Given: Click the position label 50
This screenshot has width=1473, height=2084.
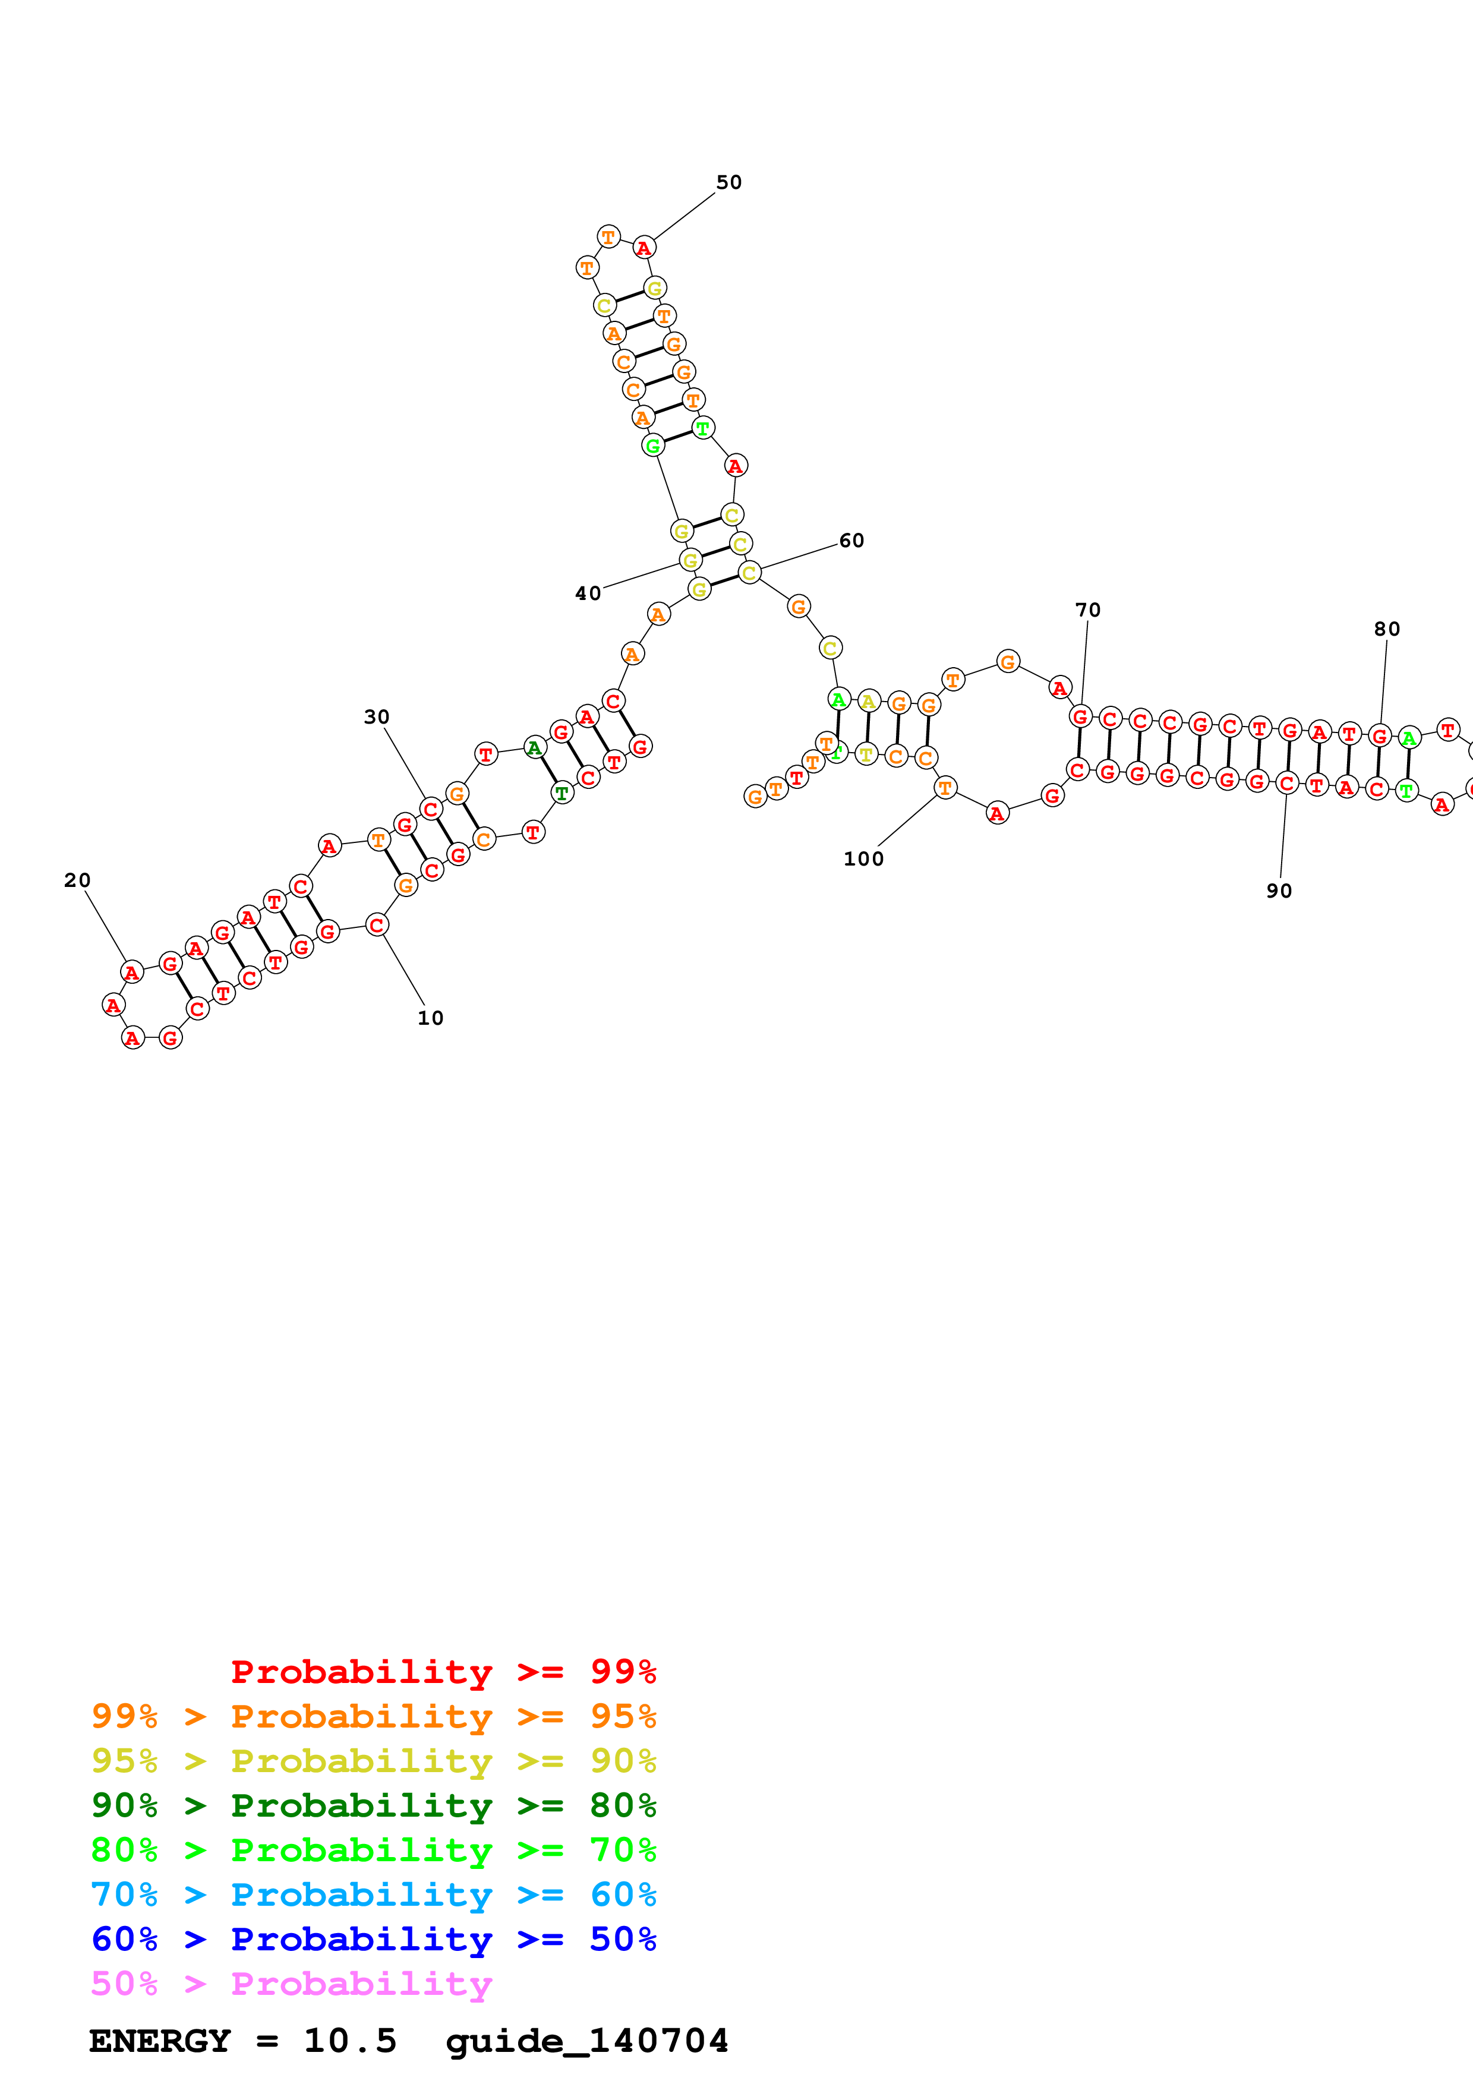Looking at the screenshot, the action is coord(729,182).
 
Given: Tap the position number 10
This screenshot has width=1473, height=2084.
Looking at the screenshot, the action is coord(430,1018).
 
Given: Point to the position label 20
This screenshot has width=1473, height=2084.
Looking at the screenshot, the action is coord(77,880).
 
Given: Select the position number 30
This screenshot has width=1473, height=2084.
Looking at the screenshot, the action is coord(377,717).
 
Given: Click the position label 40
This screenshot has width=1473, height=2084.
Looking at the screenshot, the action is coord(588,593).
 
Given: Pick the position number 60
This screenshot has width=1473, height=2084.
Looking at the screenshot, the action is coord(851,541).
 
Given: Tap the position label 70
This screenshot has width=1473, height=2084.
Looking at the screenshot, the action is coord(1087,610).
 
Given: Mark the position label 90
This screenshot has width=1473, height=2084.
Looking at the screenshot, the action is coord(1279,891).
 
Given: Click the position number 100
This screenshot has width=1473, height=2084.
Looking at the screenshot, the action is coord(863,858).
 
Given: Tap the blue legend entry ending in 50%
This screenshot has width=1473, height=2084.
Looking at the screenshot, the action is coord(373,1939).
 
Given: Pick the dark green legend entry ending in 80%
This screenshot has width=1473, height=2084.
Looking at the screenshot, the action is coord(373,1805).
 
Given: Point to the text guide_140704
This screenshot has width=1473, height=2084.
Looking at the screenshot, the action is coord(586,2041).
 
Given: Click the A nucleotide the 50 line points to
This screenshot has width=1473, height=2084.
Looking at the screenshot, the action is coord(644,248).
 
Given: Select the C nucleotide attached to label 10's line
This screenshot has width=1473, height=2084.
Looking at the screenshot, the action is coord(377,925).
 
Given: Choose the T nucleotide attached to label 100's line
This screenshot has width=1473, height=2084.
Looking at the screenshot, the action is coord(945,788).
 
